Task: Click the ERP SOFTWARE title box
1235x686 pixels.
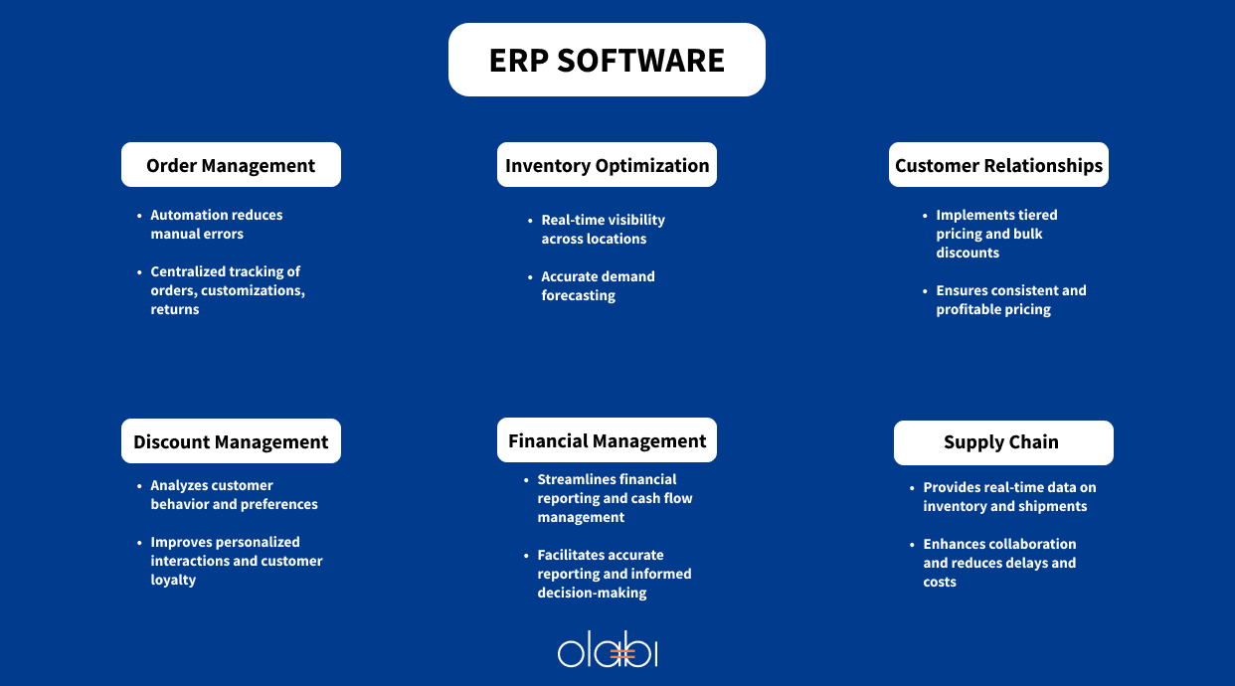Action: pos(607,60)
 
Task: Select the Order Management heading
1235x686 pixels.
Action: pos(231,165)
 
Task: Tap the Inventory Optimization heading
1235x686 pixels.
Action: pos(607,165)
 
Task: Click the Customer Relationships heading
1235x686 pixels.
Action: pos(998,165)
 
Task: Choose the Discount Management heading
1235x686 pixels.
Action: pos(231,441)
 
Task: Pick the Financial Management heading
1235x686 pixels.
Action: pos(607,440)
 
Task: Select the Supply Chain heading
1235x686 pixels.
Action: pos(1002,442)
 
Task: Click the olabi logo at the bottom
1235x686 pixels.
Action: pos(608,651)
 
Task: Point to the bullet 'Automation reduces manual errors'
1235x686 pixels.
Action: pos(216,225)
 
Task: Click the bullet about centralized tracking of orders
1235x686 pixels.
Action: pos(227,290)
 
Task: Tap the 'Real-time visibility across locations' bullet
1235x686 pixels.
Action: pos(603,230)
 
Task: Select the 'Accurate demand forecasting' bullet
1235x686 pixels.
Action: pos(598,286)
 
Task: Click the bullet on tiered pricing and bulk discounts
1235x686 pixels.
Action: pos(995,234)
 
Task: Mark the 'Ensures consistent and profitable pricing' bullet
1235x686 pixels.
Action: pos(1010,300)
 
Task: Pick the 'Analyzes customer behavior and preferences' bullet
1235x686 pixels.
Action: pos(234,495)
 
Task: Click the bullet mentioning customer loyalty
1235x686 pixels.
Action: pos(236,561)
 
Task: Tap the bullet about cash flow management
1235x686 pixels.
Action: pos(614,498)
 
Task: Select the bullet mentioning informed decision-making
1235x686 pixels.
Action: pos(614,574)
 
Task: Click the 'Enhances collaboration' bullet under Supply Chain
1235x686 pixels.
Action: pos(998,563)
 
